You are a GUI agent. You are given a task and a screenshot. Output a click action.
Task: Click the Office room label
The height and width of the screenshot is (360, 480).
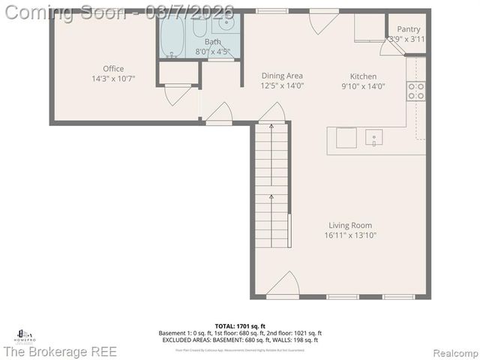[113, 69]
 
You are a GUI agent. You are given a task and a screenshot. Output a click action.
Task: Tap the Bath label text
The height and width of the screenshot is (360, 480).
[213, 42]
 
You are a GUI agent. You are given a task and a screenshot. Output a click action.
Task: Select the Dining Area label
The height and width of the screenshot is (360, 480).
[282, 76]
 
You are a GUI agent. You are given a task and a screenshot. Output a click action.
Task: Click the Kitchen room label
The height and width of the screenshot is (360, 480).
[364, 76]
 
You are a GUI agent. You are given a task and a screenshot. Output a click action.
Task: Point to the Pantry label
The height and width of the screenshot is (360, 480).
[409, 29]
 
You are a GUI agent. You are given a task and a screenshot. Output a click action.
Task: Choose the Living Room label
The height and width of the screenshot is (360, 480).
[350, 225]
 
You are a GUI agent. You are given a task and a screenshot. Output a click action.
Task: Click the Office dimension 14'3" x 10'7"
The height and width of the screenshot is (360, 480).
[113, 78]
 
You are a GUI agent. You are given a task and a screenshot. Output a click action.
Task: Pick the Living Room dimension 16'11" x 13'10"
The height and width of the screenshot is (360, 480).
[350, 235]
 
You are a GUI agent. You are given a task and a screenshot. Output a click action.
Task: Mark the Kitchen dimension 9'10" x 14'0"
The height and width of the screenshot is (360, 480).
[364, 85]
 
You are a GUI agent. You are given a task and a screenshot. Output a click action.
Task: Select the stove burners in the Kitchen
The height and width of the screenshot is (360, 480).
[415, 91]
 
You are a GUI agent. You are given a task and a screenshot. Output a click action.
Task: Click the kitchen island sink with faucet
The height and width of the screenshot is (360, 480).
[373, 137]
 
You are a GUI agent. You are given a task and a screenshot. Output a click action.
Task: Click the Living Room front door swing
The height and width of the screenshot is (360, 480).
[283, 285]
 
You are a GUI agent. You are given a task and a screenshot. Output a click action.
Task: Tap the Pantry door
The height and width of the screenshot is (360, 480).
[390, 46]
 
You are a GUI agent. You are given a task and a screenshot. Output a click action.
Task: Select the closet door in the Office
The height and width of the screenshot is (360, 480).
[178, 95]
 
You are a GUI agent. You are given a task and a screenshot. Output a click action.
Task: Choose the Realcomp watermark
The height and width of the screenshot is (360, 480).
[453, 352]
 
